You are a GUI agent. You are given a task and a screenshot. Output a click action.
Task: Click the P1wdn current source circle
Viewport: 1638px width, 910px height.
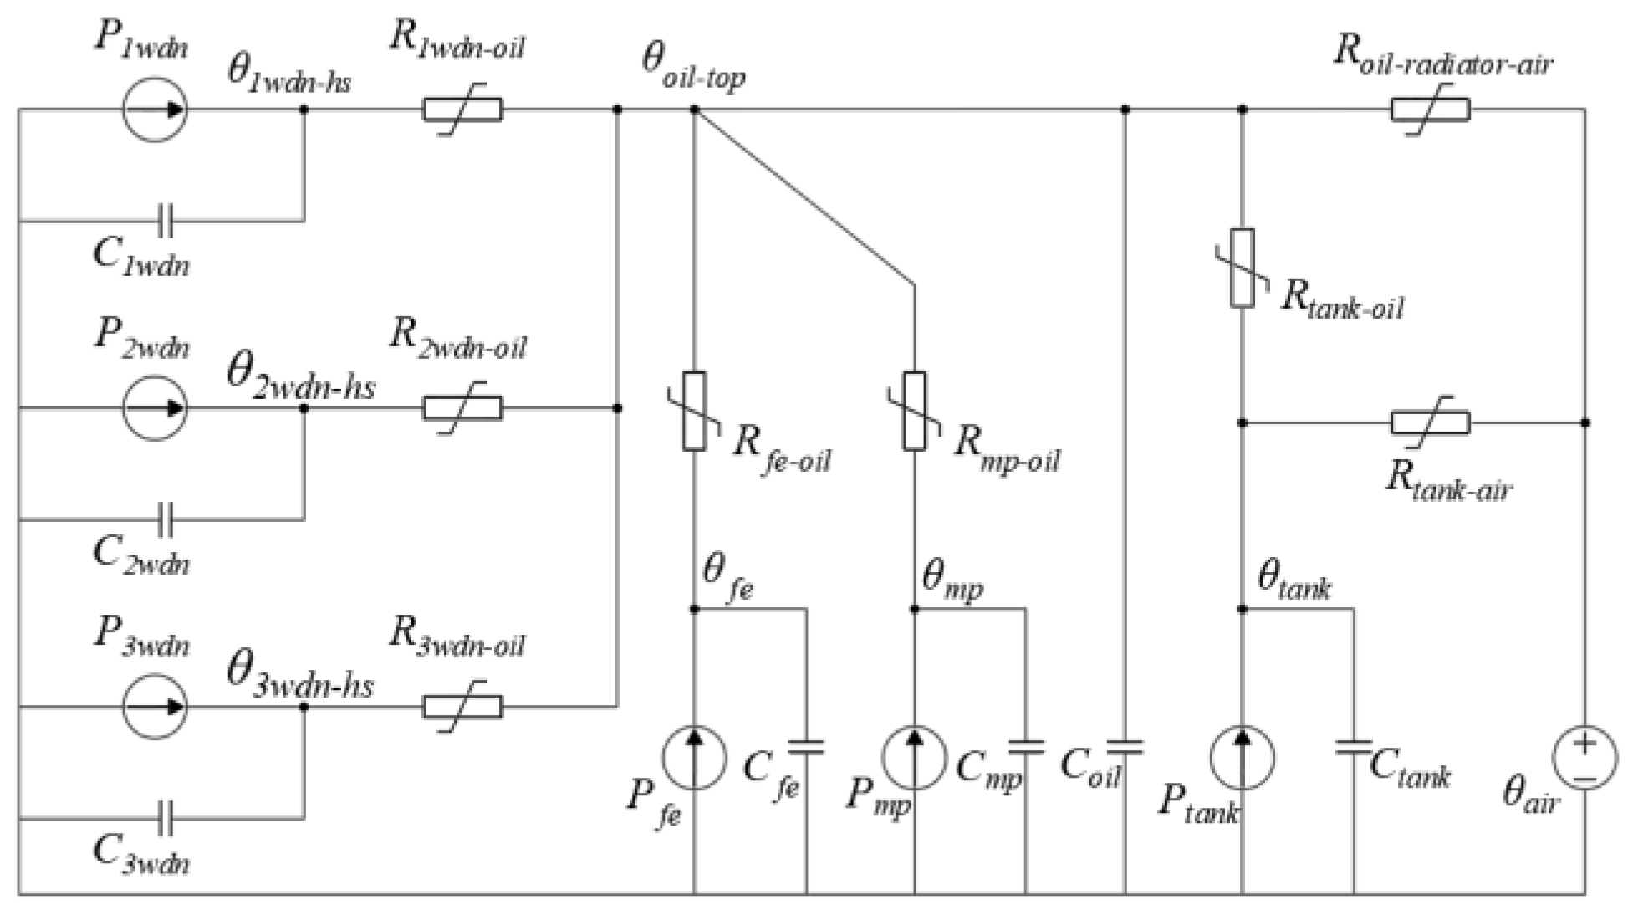click(155, 110)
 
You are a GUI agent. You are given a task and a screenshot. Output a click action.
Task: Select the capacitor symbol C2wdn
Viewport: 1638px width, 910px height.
click(166, 519)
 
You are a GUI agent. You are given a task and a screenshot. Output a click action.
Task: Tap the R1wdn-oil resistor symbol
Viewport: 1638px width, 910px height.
click(462, 110)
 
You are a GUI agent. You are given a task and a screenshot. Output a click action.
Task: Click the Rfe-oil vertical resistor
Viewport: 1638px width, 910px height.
click(694, 412)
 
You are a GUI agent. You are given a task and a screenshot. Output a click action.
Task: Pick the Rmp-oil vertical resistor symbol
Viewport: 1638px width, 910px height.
click(915, 412)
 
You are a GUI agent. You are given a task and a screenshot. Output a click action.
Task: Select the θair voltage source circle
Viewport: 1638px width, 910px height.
click(1584, 758)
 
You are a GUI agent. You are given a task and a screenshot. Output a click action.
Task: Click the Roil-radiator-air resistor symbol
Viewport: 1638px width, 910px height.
click(1430, 110)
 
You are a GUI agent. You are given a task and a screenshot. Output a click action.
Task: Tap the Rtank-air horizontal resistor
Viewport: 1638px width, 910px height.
click(1430, 422)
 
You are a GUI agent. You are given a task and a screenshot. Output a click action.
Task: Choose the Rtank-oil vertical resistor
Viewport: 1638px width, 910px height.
click(1243, 268)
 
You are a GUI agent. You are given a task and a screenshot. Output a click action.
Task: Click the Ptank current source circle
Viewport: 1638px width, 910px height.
click(1243, 758)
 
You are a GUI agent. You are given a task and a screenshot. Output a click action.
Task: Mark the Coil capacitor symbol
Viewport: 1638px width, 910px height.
click(1125, 747)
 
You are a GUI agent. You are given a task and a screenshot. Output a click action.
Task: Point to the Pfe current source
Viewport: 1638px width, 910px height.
click(694, 758)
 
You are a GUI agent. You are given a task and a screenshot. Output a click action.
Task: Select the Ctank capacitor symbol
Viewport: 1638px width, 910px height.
click(1354, 747)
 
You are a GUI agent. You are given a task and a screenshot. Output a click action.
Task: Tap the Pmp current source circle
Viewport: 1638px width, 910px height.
click(915, 758)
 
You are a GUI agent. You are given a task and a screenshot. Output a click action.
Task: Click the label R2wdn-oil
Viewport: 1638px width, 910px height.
click(458, 339)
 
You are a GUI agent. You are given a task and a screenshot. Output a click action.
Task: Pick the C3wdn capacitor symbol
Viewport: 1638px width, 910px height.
click(166, 818)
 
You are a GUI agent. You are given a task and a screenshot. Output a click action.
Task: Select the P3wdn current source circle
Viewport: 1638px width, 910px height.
click(155, 707)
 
